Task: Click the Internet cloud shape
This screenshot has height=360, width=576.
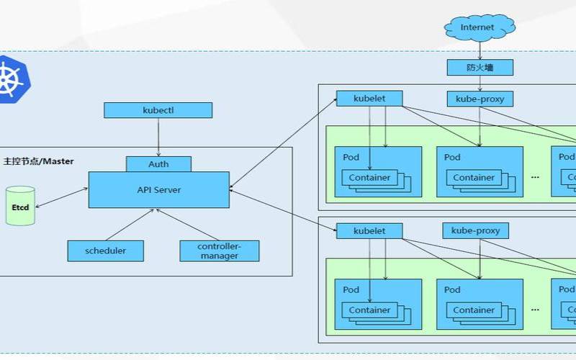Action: tap(478, 27)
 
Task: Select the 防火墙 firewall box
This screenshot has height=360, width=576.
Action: tap(480, 68)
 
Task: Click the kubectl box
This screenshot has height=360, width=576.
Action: tap(158, 110)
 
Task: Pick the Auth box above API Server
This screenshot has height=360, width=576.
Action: tap(158, 163)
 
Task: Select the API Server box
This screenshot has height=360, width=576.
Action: tap(158, 190)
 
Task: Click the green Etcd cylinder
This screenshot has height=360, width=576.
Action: tap(20, 206)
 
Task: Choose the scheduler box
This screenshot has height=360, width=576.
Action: tap(105, 251)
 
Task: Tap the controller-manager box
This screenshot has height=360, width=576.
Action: tap(219, 251)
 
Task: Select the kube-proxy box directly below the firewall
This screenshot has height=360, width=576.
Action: tap(480, 99)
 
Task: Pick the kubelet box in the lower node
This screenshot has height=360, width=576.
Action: tap(369, 231)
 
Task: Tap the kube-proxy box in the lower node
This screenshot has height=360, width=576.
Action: tap(475, 231)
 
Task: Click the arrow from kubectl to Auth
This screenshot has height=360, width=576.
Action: tap(158, 137)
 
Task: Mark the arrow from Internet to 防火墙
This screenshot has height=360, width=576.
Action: tap(480, 50)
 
